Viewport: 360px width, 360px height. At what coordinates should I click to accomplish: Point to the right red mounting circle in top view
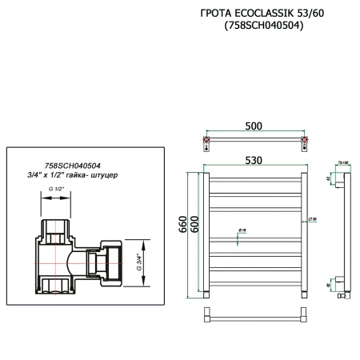pos(302,145)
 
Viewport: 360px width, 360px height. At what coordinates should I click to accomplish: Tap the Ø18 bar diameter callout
pos(241,230)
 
